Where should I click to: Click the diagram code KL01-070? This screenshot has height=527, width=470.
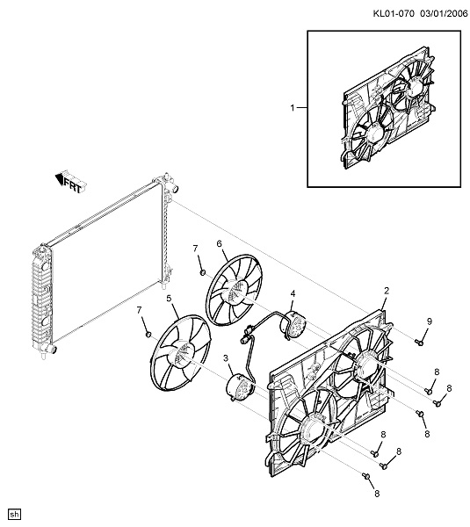pyautogui.click(x=394, y=13)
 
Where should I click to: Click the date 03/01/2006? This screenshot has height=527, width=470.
pyautogui.click(x=444, y=13)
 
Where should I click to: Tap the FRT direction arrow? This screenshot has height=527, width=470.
pyautogui.click(x=70, y=182)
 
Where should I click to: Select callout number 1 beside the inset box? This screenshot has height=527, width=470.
pyautogui.click(x=293, y=107)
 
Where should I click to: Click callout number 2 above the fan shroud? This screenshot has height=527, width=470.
pyautogui.click(x=387, y=291)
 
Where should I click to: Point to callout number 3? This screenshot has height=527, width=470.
pyautogui.click(x=226, y=358)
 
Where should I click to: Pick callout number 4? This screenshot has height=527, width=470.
pyautogui.click(x=293, y=293)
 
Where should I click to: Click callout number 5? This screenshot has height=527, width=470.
pyautogui.click(x=169, y=298)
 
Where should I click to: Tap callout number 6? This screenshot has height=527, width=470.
pyautogui.click(x=220, y=243)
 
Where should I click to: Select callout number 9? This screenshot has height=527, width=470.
pyautogui.click(x=430, y=321)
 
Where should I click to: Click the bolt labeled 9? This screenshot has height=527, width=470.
pyautogui.click(x=419, y=343)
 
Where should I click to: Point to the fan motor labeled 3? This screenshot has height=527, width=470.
pyautogui.click(x=240, y=387)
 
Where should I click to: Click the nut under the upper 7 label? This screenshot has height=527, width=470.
pyautogui.click(x=203, y=272)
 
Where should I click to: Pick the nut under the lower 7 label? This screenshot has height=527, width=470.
pyautogui.click(x=148, y=334)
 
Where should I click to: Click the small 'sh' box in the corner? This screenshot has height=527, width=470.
pyautogui.click(x=15, y=515)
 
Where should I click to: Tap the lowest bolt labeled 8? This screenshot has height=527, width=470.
pyautogui.click(x=366, y=476)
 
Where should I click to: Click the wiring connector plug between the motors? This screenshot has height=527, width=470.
pyautogui.click(x=249, y=330)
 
